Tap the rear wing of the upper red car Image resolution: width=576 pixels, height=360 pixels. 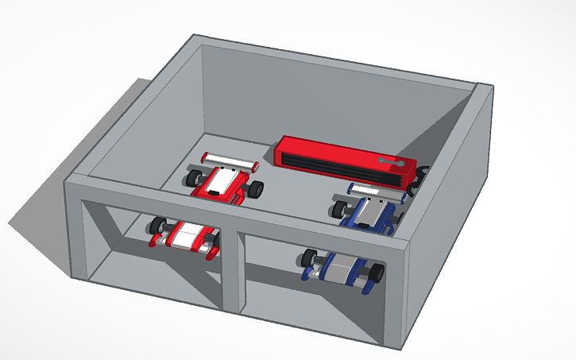point(230,161)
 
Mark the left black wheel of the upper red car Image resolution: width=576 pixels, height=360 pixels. point(195,176)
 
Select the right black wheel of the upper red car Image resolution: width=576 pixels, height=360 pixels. point(255,191)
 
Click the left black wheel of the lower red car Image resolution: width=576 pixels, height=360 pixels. point(157,226)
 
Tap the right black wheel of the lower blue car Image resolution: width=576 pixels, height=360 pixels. point(375,274)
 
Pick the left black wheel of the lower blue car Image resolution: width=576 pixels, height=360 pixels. point(309,257)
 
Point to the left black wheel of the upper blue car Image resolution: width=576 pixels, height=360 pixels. point(340,209)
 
